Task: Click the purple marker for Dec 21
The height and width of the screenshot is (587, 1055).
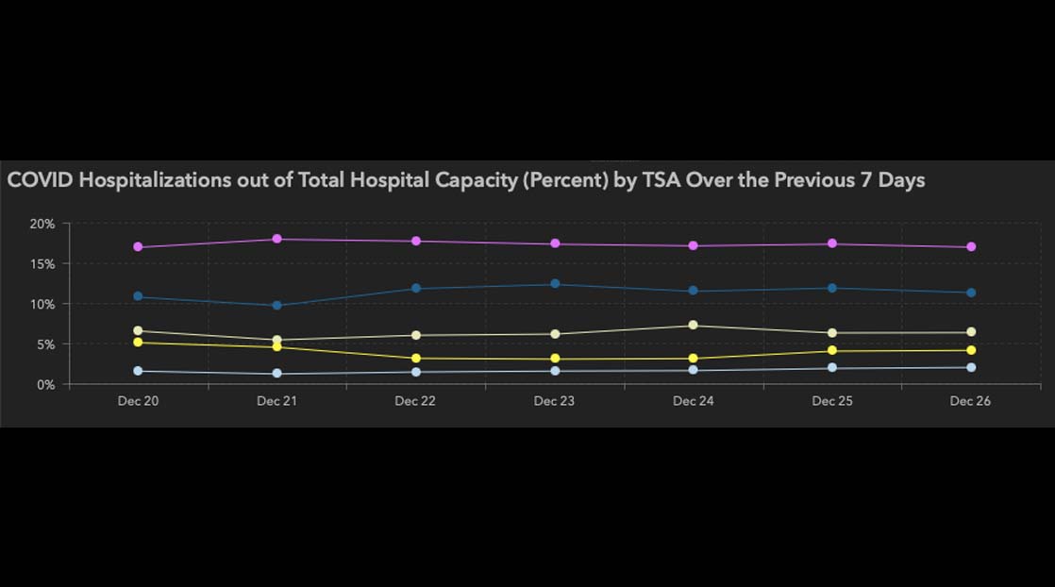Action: tap(276, 239)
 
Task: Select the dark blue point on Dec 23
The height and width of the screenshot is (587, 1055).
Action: tap(555, 284)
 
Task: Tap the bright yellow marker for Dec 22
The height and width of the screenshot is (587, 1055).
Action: tap(415, 359)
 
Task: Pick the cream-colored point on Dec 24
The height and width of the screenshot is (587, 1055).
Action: tap(694, 326)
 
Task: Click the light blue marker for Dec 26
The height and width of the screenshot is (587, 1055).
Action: tap(971, 367)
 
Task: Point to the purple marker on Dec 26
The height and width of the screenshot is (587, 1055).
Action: tap(971, 247)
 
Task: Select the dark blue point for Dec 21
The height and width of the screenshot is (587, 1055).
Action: tap(276, 306)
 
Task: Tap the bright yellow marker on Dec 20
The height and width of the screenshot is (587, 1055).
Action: tap(138, 343)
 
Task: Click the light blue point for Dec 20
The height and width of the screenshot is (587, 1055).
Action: tap(138, 371)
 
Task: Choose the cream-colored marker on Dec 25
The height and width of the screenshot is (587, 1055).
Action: tap(832, 333)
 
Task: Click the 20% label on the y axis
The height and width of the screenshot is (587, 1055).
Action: tap(42, 224)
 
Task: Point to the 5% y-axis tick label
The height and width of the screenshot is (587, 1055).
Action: tap(45, 344)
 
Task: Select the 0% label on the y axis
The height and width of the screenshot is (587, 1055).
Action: tap(45, 385)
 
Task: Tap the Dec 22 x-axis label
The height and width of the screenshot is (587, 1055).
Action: tap(415, 401)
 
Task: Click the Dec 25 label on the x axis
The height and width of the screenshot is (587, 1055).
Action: tap(832, 401)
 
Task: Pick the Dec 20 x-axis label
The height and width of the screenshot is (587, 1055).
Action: tap(138, 401)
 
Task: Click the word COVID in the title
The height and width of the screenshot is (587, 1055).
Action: tap(40, 180)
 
